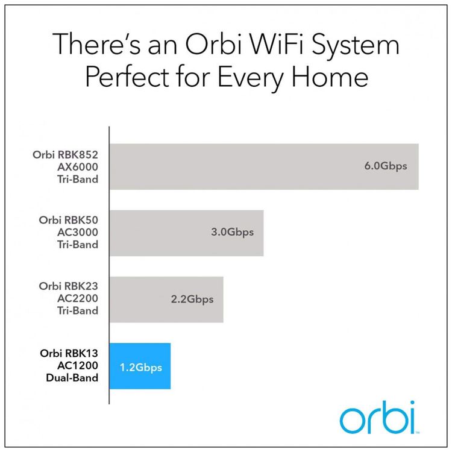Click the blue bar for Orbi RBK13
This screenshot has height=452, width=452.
(x=140, y=366)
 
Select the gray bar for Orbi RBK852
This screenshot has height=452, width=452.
(x=264, y=166)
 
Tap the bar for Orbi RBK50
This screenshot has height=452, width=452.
(x=186, y=233)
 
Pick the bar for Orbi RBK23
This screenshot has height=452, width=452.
(x=166, y=300)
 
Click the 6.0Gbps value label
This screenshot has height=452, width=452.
(x=386, y=166)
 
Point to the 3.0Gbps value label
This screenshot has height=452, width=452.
(x=233, y=233)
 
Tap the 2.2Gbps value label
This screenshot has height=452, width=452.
(x=192, y=300)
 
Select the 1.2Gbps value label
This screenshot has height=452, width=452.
(x=141, y=368)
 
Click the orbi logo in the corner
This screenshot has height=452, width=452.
(x=378, y=418)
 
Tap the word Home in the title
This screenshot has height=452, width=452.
(x=330, y=77)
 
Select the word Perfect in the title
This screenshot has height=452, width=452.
(x=127, y=77)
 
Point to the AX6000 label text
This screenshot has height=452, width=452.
(x=78, y=167)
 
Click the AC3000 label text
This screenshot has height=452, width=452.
(x=78, y=232)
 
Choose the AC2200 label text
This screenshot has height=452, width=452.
(x=78, y=298)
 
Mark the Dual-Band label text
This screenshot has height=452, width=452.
(x=72, y=378)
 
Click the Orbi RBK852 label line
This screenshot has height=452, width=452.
(x=65, y=154)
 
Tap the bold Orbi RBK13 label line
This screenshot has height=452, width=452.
(x=69, y=353)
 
